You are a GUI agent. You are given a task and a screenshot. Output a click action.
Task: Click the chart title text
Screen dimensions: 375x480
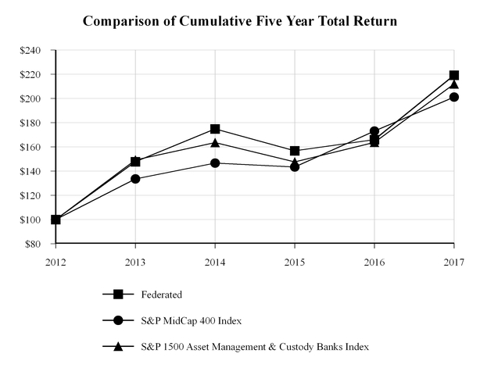240,21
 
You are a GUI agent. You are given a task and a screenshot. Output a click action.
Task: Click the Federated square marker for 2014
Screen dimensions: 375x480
215,129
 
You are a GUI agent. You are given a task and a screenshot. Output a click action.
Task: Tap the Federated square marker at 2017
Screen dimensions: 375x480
453,75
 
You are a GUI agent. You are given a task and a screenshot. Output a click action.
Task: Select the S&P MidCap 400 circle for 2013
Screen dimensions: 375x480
135,179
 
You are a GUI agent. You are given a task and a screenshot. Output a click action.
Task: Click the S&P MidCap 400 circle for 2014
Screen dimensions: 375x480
215,163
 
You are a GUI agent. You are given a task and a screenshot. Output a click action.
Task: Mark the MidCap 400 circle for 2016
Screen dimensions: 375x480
374,131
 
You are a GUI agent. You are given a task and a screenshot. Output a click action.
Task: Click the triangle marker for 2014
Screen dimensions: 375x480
215,142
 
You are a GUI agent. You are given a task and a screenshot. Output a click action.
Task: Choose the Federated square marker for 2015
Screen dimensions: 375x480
295,151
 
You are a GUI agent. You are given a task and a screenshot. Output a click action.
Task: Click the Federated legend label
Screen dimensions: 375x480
161,295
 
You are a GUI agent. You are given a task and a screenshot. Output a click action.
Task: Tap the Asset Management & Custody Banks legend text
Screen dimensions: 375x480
254,345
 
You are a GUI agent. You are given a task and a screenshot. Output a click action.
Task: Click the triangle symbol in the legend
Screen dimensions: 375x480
118,345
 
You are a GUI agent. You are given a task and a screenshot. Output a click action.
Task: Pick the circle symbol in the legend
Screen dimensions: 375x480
118,320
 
